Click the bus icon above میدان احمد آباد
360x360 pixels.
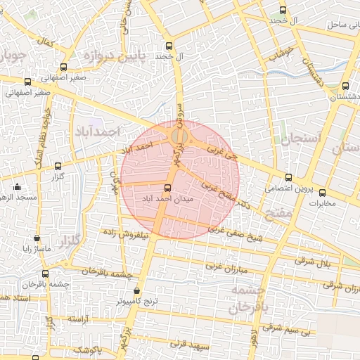(167, 188)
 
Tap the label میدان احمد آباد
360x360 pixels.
(167, 199)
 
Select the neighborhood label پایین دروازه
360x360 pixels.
(116, 55)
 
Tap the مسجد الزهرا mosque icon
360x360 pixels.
(17, 187)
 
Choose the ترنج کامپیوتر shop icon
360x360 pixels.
(136, 290)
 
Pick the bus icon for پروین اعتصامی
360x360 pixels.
(288, 178)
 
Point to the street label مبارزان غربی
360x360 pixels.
(226, 268)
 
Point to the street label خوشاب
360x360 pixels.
(284, 53)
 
